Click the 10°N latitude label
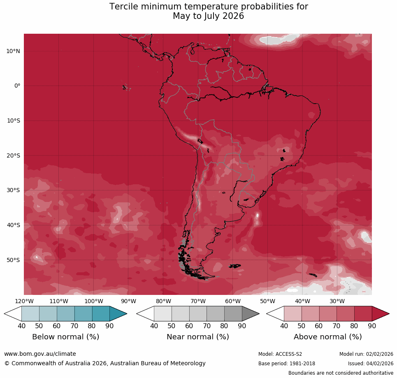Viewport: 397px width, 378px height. click(13, 51)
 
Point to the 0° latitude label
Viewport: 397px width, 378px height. click(17, 86)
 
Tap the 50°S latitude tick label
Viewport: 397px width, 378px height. click(13, 260)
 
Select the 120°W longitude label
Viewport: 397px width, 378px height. click(24, 301)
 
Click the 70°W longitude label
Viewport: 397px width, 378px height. click(198, 301)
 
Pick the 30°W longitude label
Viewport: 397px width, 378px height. click(337, 301)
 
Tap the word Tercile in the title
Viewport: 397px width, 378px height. click(124, 7)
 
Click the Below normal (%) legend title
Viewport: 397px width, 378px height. click(65, 337)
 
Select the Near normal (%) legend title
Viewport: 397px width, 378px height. click(197, 337)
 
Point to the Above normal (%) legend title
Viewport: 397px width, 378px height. click(327, 337)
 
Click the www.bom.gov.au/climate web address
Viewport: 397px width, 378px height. click(40, 354)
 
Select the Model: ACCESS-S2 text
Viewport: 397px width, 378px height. click(280, 354)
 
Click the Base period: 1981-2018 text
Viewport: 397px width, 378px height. click(286, 364)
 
